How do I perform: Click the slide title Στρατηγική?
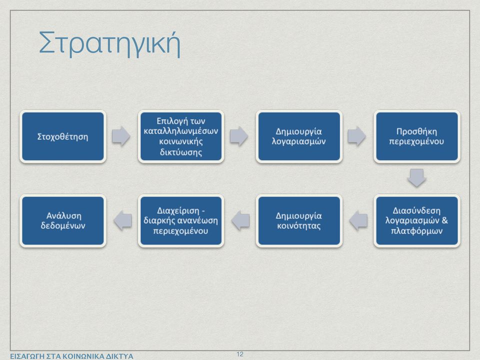pyautogui.click(x=109, y=44)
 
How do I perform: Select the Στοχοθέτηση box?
pyautogui.click(x=63, y=136)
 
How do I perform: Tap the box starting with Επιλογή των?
pyautogui.click(x=181, y=136)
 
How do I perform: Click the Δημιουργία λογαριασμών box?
pyautogui.click(x=299, y=136)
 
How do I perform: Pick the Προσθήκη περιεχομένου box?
pyautogui.click(x=416, y=136)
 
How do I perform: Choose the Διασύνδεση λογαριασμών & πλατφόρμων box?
pyautogui.click(x=416, y=220)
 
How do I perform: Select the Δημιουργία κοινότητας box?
pyautogui.click(x=299, y=220)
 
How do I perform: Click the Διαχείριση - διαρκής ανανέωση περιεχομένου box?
pyautogui.click(x=181, y=220)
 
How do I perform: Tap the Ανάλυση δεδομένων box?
pyautogui.click(x=63, y=220)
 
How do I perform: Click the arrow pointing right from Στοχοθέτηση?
pyautogui.click(x=121, y=136)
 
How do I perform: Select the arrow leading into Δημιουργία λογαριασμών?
pyautogui.click(x=239, y=136)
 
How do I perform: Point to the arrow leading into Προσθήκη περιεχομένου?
pyautogui.click(x=357, y=136)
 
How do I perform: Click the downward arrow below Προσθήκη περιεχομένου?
pyautogui.click(x=416, y=178)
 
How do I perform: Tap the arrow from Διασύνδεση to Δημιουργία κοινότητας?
pyautogui.click(x=358, y=220)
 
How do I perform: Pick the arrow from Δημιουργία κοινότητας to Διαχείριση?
pyautogui.click(x=240, y=220)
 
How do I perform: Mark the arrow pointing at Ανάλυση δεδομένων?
pyautogui.click(x=122, y=220)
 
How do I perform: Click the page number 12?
pyautogui.click(x=240, y=354)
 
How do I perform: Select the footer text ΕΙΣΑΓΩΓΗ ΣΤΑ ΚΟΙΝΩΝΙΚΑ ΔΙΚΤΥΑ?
pyautogui.click(x=71, y=356)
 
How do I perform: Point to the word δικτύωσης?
pyautogui.click(x=181, y=152)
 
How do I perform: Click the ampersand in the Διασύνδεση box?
pyautogui.click(x=445, y=220)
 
